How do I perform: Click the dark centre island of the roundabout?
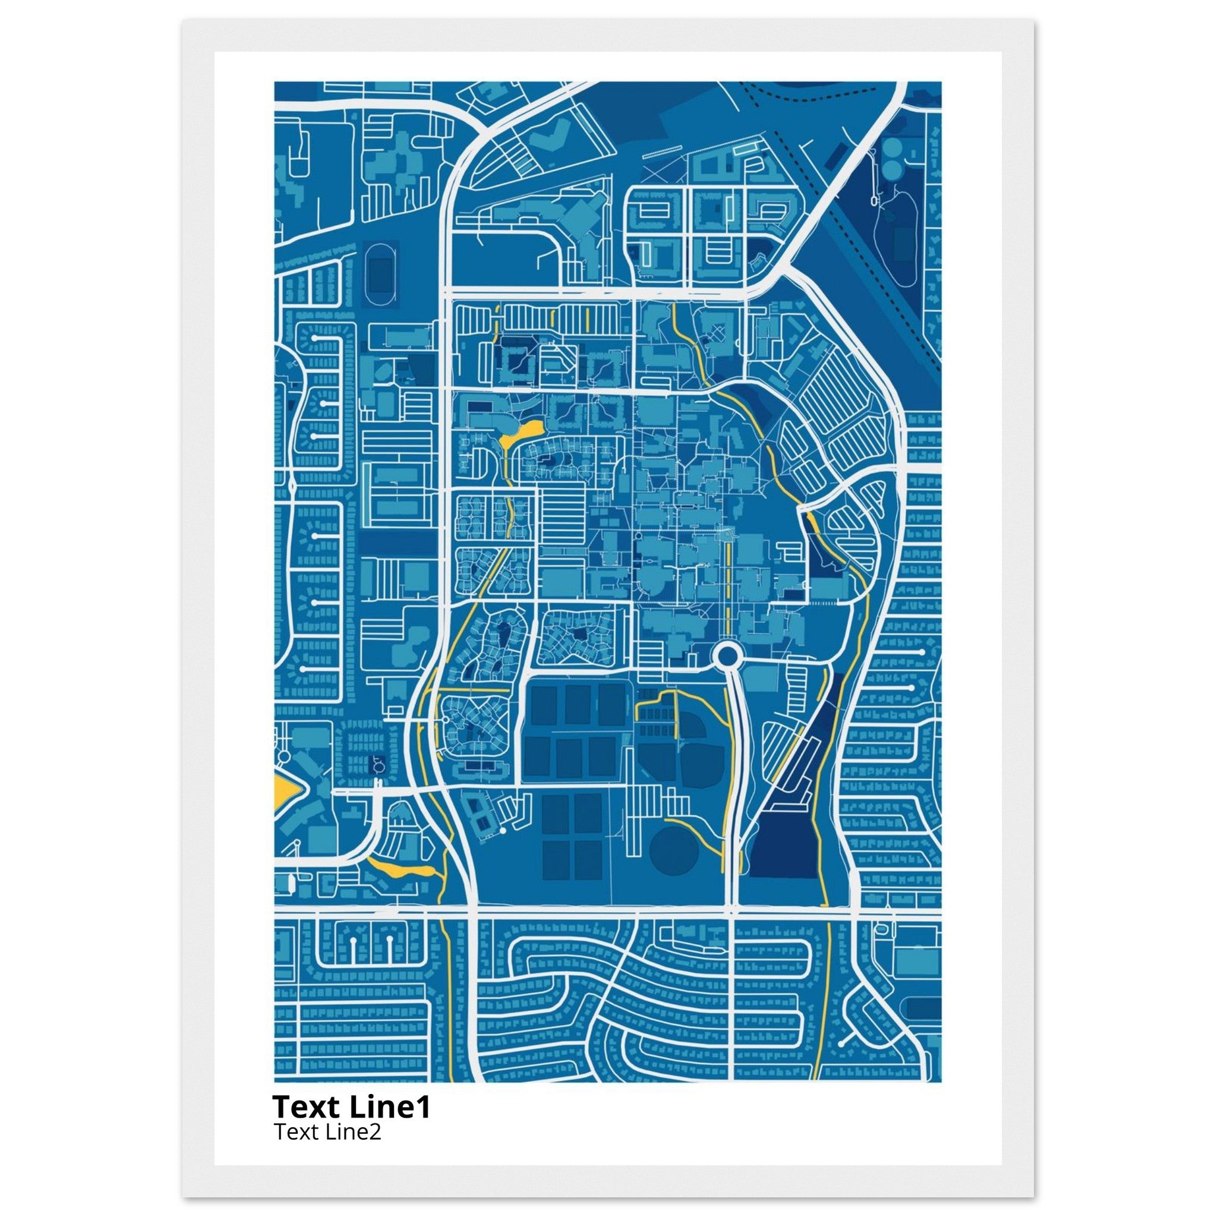click(726, 657)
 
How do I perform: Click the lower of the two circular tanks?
click(891, 169)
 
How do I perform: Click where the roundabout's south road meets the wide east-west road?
click(731, 912)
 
